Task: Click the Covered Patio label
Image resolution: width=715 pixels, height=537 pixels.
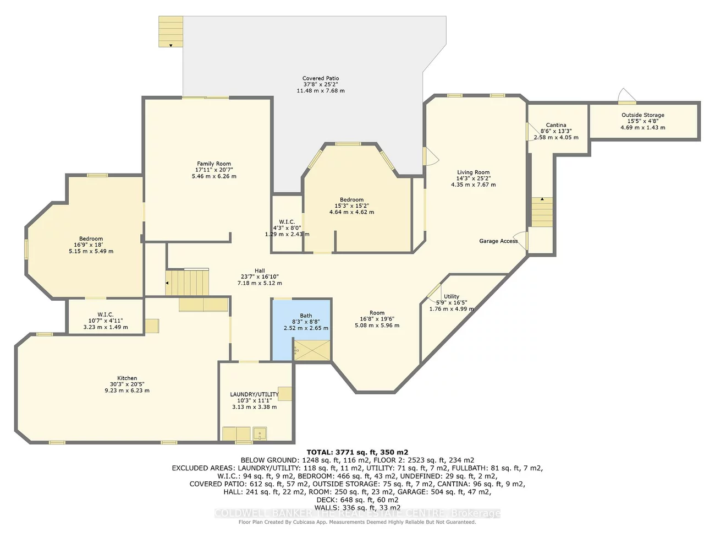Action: [x=321, y=79]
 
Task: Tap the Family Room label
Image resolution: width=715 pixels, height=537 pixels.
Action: [x=214, y=164]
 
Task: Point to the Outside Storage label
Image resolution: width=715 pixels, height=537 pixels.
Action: [x=643, y=115]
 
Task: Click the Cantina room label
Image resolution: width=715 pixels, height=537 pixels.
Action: [x=556, y=125]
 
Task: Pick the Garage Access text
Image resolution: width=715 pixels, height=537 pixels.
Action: [x=498, y=241]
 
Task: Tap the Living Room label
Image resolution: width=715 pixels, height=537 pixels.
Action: [x=473, y=172]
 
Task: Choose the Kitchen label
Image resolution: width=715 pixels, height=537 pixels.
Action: [x=127, y=378]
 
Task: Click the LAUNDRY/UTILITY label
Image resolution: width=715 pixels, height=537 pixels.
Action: [x=254, y=394]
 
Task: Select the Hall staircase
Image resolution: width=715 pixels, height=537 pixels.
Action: [x=188, y=282]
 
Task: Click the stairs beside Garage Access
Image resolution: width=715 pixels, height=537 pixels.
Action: [x=542, y=211]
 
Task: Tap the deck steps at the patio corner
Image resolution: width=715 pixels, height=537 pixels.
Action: [x=170, y=31]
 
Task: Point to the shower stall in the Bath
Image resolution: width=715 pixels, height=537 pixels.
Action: [x=312, y=351]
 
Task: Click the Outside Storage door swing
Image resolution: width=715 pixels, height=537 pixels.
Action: [x=626, y=95]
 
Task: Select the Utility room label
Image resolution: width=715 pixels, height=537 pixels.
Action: [x=452, y=296]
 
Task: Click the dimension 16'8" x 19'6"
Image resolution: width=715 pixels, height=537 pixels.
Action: [x=377, y=319]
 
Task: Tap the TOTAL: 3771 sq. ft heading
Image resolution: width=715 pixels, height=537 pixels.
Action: [x=358, y=452]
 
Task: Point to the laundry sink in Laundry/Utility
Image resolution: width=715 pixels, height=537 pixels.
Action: [x=260, y=433]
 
